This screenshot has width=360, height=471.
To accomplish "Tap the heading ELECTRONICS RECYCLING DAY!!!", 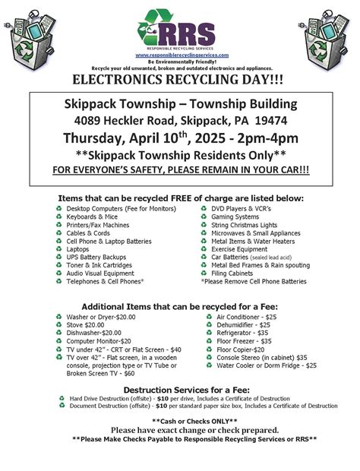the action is (180, 80).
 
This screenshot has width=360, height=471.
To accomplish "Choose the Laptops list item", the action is (77, 248).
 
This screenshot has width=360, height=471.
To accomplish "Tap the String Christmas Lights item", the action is (244, 225).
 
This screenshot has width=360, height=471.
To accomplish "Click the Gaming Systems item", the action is (235, 217).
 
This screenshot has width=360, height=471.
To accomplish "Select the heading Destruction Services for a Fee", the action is (180, 388).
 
